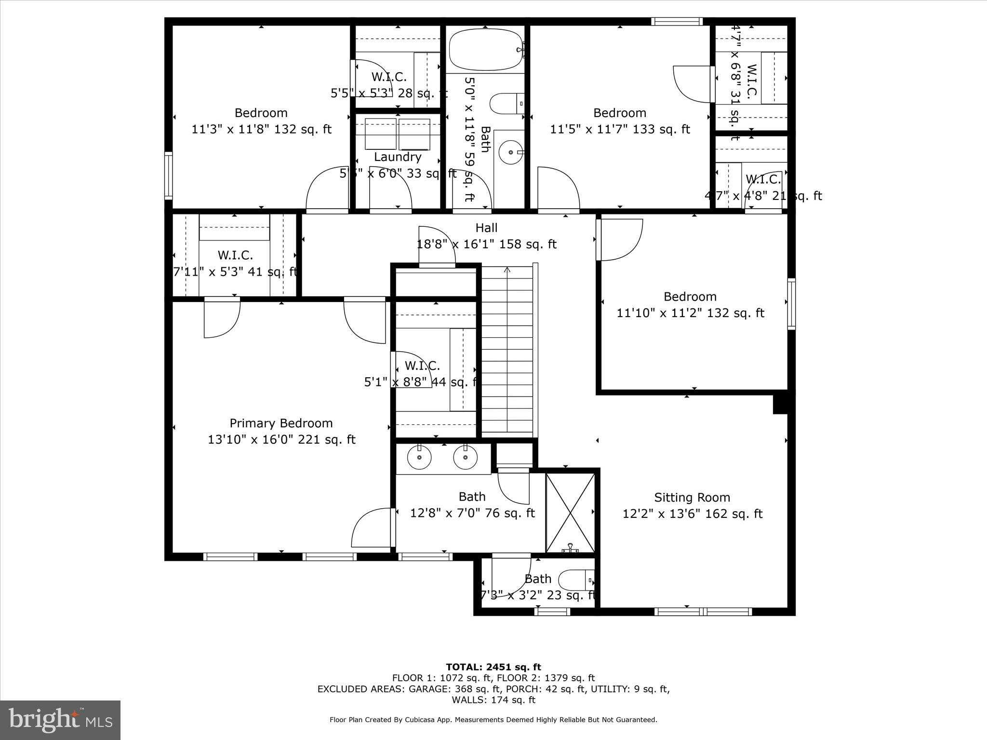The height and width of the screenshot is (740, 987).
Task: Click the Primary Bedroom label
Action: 281,423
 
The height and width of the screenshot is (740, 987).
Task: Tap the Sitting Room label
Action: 692,498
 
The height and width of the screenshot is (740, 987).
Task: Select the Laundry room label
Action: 398,157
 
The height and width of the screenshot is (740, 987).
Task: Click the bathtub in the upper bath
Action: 485,50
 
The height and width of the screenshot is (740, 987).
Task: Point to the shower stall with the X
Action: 570,513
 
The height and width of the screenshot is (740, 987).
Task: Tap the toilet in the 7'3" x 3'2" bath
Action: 575,580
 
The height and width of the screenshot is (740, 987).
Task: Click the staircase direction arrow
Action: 507,270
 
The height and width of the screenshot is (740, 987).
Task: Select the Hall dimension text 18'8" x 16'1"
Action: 486,244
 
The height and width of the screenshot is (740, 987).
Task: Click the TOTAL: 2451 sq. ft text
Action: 493,667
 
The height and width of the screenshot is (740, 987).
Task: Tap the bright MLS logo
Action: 60,719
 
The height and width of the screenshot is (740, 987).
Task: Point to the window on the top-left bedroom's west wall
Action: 168,175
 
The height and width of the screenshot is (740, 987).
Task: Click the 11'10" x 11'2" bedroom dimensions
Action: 690,313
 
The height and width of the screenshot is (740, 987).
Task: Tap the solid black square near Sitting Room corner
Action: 780,404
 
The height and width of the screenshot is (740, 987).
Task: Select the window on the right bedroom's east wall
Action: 791,304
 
